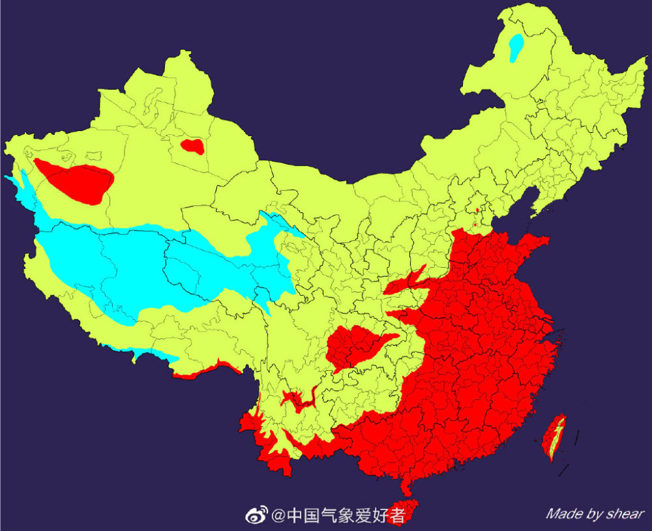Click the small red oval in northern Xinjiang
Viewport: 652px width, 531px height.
pos(192,146)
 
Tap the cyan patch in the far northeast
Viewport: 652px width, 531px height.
pos(516,47)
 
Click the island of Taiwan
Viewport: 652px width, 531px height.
pos(556,437)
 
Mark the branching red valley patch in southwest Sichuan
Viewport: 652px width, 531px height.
pos(297,401)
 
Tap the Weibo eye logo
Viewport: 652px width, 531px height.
pos(256,516)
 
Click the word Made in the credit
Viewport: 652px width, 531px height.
pos(564,514)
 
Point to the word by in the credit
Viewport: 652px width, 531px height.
pos(594,515)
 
